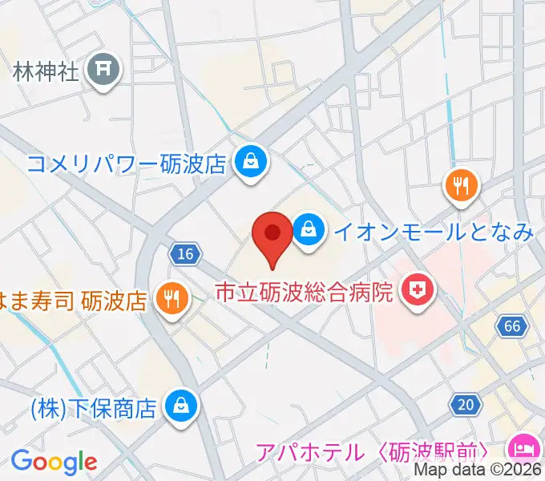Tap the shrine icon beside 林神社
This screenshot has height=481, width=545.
click(x=103, y=71)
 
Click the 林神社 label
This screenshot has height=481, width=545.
click(x=46, y=72)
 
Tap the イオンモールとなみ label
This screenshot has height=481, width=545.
click(x=433, y=232)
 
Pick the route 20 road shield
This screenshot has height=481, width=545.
click(x=465, y=406)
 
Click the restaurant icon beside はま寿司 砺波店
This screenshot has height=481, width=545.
click(x=172, y=300)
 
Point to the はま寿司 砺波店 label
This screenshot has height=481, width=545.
click(x=76, y=301)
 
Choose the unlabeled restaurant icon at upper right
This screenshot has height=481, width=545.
click(x=461, y=186)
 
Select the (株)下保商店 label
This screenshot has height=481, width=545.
click(x=93, y=409)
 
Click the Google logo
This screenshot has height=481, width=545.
click(x=54, y=462)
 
